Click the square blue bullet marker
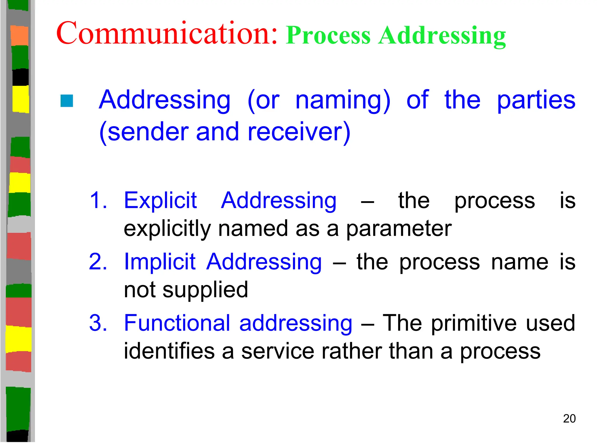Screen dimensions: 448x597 (x=67, y=101)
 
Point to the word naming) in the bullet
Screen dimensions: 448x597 (x=343, y=101)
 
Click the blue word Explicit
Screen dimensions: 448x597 (x=160, y=201)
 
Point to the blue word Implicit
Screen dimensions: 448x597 (x=159, y=262)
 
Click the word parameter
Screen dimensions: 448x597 (x=399, y=229)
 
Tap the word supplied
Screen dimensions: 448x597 (x=205, y=290)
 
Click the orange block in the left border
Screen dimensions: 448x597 (x=20, y=36)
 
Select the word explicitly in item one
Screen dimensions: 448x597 (x=167, y=229)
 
